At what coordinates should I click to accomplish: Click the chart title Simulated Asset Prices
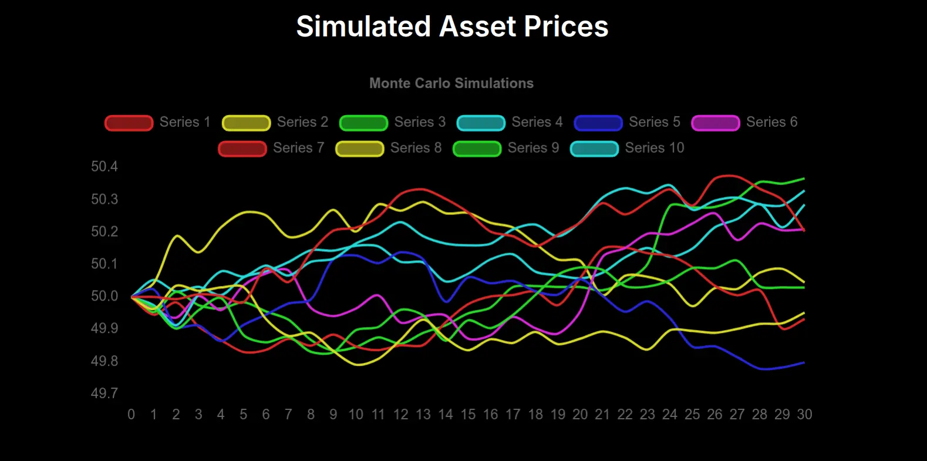[452, 27]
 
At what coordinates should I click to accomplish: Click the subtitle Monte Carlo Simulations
[451, 83]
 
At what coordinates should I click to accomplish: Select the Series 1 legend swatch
[129, 123]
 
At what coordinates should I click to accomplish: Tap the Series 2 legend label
[302, 122]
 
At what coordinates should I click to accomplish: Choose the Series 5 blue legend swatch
[598, 123]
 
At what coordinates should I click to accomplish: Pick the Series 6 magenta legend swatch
[715, 123]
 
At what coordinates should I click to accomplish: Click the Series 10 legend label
[655, 148]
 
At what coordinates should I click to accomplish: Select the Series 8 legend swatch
[359, 149]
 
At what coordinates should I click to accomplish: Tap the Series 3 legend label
[420, 122]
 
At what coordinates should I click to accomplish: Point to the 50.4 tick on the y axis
[105, 167]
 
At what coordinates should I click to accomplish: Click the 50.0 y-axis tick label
[105, 296]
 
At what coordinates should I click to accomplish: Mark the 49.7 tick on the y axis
[105, 393]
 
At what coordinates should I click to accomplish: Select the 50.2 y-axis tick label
[105, 231]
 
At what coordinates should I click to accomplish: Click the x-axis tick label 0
[131, 415]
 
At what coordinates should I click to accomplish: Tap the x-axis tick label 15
[468, 415]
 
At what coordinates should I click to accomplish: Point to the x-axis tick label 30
[804, 415]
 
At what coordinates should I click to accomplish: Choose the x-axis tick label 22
[625, 415]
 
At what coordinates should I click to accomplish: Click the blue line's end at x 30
[804, 363]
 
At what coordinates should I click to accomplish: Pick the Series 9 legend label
[533, 148]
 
